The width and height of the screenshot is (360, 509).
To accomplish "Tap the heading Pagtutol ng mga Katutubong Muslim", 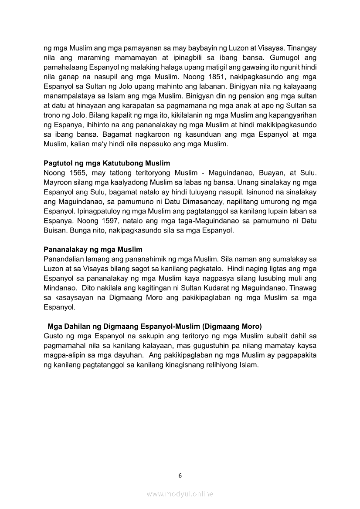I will click(x=107, y=163).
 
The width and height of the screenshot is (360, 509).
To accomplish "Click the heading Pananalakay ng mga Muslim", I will click(x=93, y=249).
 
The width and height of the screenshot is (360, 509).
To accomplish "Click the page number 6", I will click(x=180, y=475).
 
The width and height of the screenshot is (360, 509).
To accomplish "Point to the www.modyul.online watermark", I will click(x=180, y=494).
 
